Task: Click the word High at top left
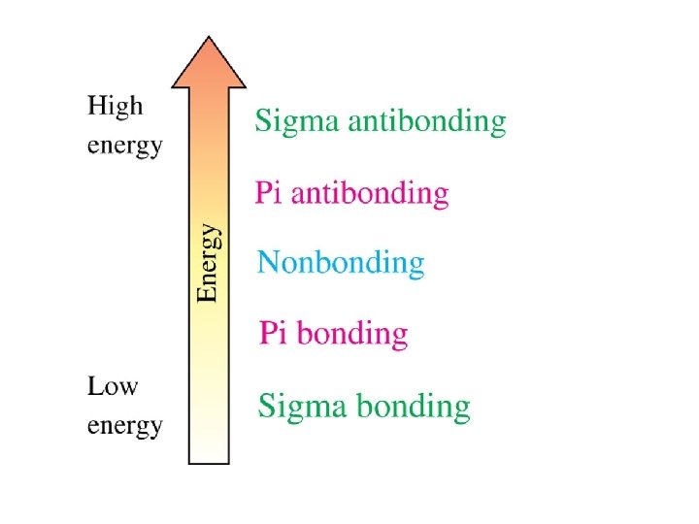[115, 107]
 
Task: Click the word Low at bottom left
[113, 387]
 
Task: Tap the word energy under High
[125, 147]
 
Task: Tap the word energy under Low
[125, 427]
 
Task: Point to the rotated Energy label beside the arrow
[208, 263]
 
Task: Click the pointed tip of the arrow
[209, 38]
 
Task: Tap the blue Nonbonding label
[341, 262]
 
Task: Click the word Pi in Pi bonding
[274, 333]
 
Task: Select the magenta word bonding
[351, 334]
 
